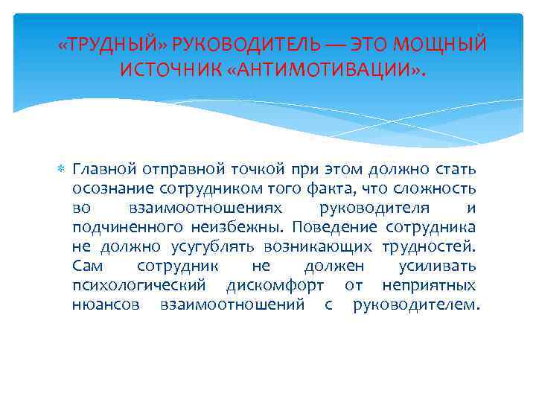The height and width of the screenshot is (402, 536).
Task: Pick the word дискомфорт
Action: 275,285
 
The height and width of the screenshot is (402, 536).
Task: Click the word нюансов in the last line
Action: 103,304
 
